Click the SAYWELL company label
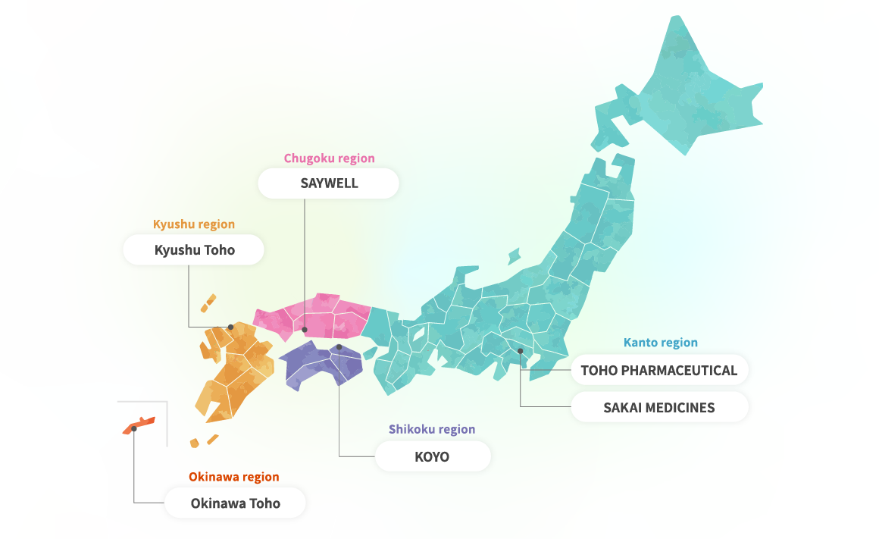(x=328, y=183)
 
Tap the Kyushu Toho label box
(x=194, y=250)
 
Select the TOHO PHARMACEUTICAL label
(x=658, y=371)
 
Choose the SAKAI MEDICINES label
(x=658, y=408)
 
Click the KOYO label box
(x=432, y=457)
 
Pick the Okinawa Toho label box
(x=235, y=503)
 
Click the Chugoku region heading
(x=329, y=158)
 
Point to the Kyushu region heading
(x=194, y=224)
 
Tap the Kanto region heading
(x=660, y=343)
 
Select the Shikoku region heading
(x=432, y=429)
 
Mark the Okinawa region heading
(x=233, y=478)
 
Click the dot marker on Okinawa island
(x=134, y=428)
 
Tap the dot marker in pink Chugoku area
(x=305, y=330)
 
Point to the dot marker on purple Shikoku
(x=339, y=347)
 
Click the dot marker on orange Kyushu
(x=231, y=327)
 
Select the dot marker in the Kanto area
(x=520, y=350)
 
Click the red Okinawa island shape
(x=141, y=424)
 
